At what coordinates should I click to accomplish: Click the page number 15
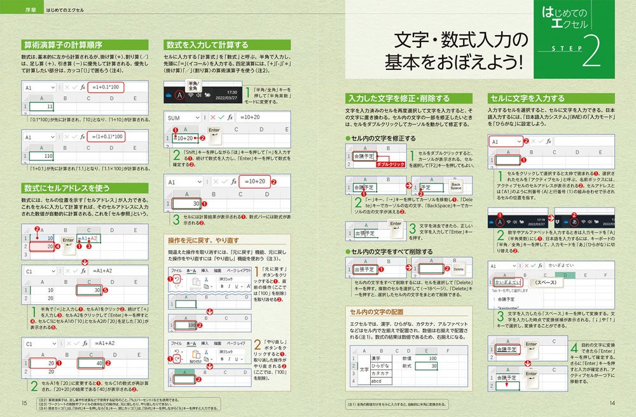click(x=24, y=402)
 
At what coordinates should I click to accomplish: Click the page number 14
click(x=612, y=402)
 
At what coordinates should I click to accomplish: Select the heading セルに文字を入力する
click(x=527, y=99)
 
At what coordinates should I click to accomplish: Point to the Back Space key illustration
click(x=455, y=186)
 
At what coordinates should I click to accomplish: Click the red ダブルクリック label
click(x=391, y=164)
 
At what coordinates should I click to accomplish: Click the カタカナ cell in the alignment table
click(x=380, y=374)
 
